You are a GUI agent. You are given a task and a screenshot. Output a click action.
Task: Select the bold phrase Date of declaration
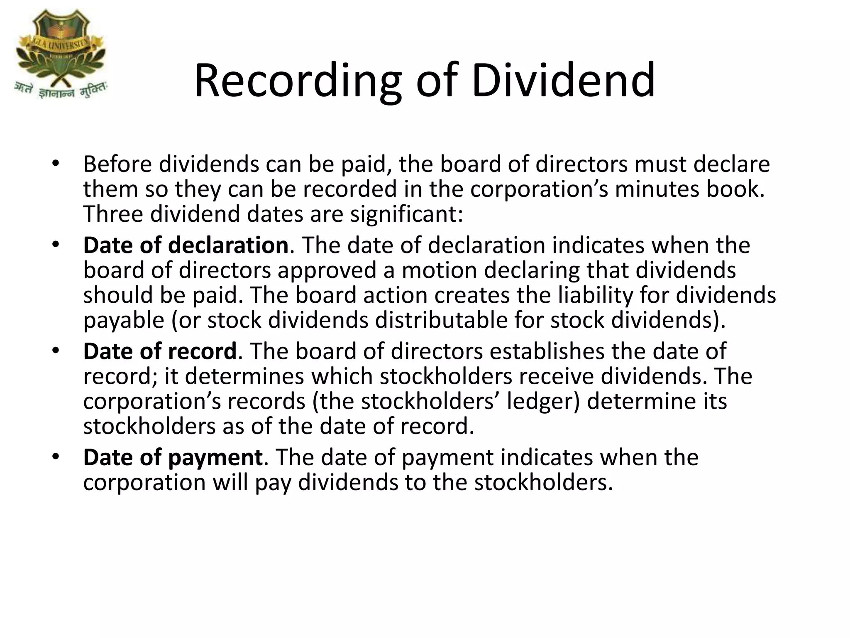(x=186, y=245)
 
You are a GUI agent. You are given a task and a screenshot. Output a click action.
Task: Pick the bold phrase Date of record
(x=160, y=351)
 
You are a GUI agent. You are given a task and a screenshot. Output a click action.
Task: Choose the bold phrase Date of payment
(x=173, y=457)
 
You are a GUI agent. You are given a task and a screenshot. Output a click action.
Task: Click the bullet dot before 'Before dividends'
(x=56, y=163)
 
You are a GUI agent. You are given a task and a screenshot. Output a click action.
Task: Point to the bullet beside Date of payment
(x=56, y=457)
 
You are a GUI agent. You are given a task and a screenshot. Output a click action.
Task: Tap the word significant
(x=406, y=214)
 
